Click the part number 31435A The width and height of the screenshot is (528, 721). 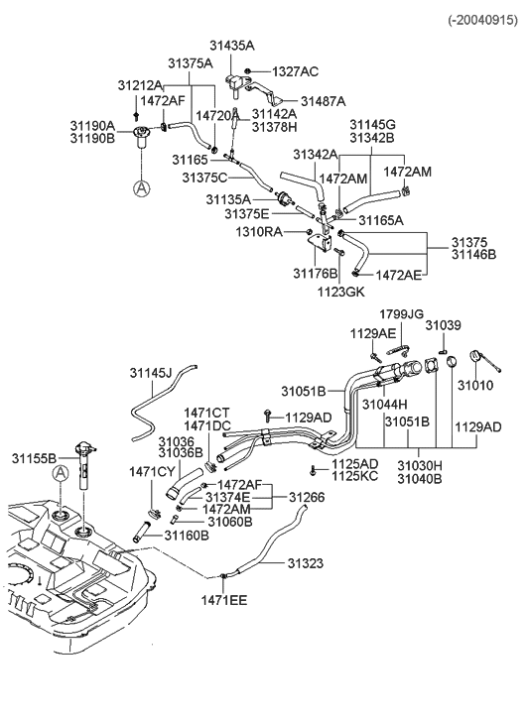coord(231,46)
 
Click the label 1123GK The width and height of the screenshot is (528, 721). coord(341,293)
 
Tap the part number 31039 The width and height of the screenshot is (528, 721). coord(443,325)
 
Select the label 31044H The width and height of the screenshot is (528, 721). coord(385,405)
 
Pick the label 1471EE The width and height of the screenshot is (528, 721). coord(225,600)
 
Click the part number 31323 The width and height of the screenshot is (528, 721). coord(306,562)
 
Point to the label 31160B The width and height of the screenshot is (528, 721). coord(187,536)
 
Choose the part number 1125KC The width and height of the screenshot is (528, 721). coord(354,476)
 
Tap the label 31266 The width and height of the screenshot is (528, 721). coord(307,496)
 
